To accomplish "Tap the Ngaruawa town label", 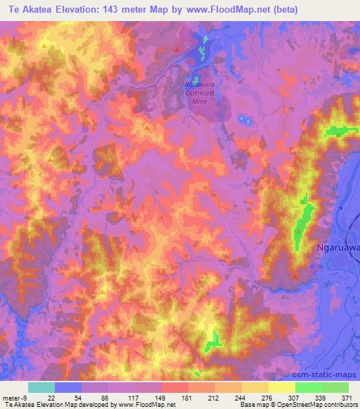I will pos(335,247).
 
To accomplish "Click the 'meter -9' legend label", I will pos(12,397).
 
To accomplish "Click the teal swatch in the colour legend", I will pos(41,387).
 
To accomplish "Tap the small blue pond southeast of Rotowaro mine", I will pos(245,120).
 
